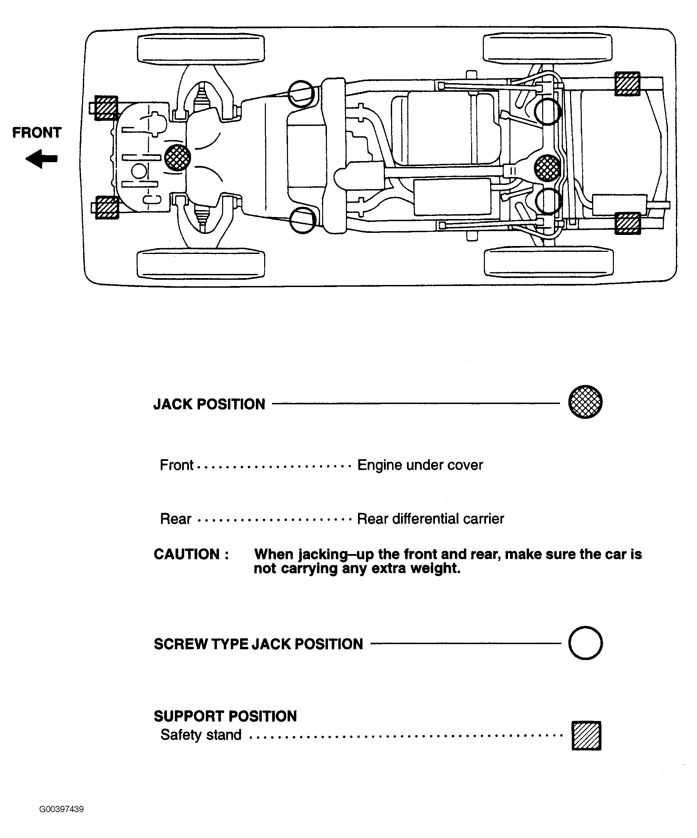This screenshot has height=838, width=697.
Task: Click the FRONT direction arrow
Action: click(41, 159)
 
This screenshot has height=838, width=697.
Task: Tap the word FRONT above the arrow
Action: click(37, 132)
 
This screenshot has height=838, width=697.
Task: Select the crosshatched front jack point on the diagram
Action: click(177, 157)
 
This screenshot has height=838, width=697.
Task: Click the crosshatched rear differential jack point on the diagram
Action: click(547, 168)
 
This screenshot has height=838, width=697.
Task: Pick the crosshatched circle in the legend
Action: click(585, 402)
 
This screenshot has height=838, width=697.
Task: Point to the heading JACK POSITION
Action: click(209, 404)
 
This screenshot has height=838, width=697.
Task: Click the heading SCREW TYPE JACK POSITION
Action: click(258, 644)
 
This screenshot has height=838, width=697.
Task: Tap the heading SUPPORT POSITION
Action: click(225, 716)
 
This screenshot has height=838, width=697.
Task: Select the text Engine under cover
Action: click(420, 465)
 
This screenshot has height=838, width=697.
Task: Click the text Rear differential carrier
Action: click(430, 519)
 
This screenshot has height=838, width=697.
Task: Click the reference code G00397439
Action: click(61, 809)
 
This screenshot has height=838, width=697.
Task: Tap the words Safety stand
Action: click(201, 735)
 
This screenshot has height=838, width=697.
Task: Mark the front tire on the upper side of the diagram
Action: click(201, 49)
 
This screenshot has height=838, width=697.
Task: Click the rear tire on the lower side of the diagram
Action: click(549, 262)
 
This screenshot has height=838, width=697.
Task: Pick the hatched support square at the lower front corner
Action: click(107, 207)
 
